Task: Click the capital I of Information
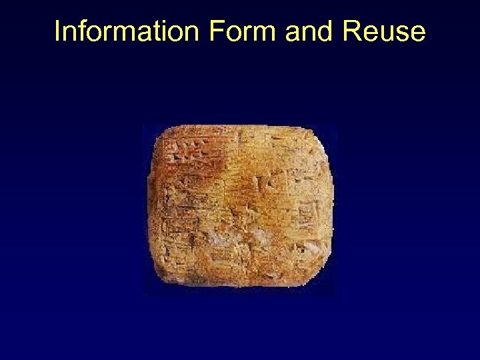57,31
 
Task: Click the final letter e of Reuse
418,33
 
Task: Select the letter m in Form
261,33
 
